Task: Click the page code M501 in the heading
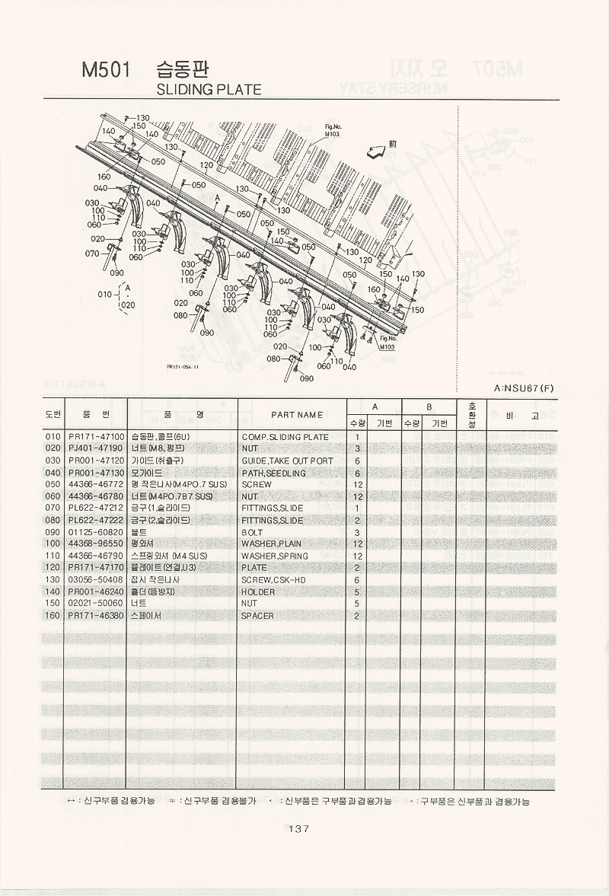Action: [106, 71]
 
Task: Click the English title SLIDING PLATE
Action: [208, 90]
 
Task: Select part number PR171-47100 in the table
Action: [96, 437]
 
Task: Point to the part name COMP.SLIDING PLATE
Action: [285, 437]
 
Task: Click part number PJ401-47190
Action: [96, 449]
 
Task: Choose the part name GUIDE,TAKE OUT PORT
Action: [287, 461]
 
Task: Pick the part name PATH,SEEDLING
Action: [273, 474]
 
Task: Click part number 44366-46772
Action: [96, 485]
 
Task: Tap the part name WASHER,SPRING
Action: [275, 556]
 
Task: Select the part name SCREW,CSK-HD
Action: [274, 580]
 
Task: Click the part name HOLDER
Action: [258, 591]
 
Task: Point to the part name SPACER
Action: [257, 615]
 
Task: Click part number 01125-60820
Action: [96, 533]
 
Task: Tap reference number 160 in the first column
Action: [53, 615]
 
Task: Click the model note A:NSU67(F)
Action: [524, 388]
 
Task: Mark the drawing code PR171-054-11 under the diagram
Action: [183, 366]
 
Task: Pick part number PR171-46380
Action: [96, 615]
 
